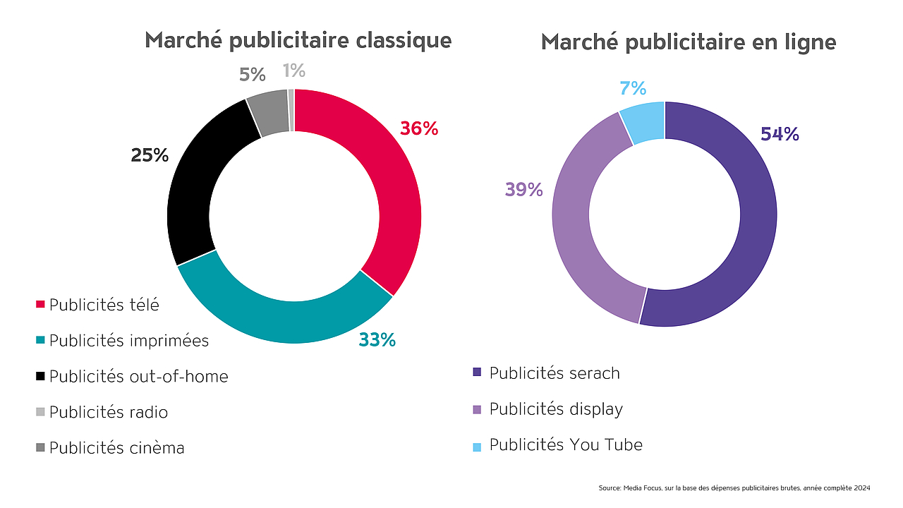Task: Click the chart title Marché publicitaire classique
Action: pos(298,40)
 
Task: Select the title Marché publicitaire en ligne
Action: pos(689,42)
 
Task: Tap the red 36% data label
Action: pos(419,129)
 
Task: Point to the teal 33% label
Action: pos(377,340)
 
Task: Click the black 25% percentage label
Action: pos(150,155)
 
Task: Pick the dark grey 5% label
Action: pos(252,75)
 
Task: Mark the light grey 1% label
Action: pos(293,71)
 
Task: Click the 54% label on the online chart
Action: pos(780,134)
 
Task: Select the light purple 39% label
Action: pos(523,190)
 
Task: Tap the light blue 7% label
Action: pos(633,89)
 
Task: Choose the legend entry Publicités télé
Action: pos(104,305)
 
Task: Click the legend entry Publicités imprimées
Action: pos(128,341)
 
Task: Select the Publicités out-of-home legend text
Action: pos(138,377)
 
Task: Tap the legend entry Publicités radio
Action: pos(108,412)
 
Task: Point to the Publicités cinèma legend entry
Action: pos(116,448)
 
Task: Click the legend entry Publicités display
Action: pos(556,409)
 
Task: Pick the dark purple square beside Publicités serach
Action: pos(477,373)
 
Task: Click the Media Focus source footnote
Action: pos(734,488)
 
